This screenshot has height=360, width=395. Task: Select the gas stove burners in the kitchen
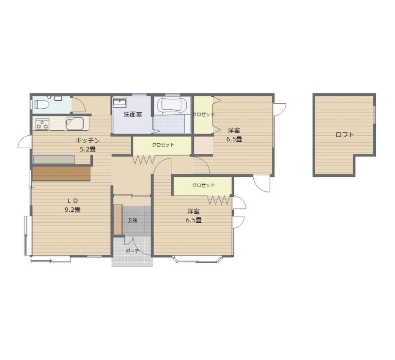42,124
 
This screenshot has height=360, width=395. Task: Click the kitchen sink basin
75,123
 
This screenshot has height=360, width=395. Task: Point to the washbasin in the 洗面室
119,103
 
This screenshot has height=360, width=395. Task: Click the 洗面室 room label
132,115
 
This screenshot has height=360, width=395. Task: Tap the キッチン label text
88,140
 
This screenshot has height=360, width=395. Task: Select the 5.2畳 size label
88,149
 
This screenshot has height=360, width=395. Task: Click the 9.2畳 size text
73,209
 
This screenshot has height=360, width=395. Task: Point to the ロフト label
345,135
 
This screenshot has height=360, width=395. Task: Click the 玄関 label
132,220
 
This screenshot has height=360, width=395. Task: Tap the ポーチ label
132,251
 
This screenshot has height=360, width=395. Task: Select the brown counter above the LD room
61,173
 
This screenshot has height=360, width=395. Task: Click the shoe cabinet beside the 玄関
118,220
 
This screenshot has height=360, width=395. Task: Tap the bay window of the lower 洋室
197,259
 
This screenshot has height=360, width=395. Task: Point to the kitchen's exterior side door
24,142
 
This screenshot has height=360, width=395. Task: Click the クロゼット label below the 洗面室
163,145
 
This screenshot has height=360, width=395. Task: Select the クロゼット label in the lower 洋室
203,185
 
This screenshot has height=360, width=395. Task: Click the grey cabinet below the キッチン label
54,160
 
